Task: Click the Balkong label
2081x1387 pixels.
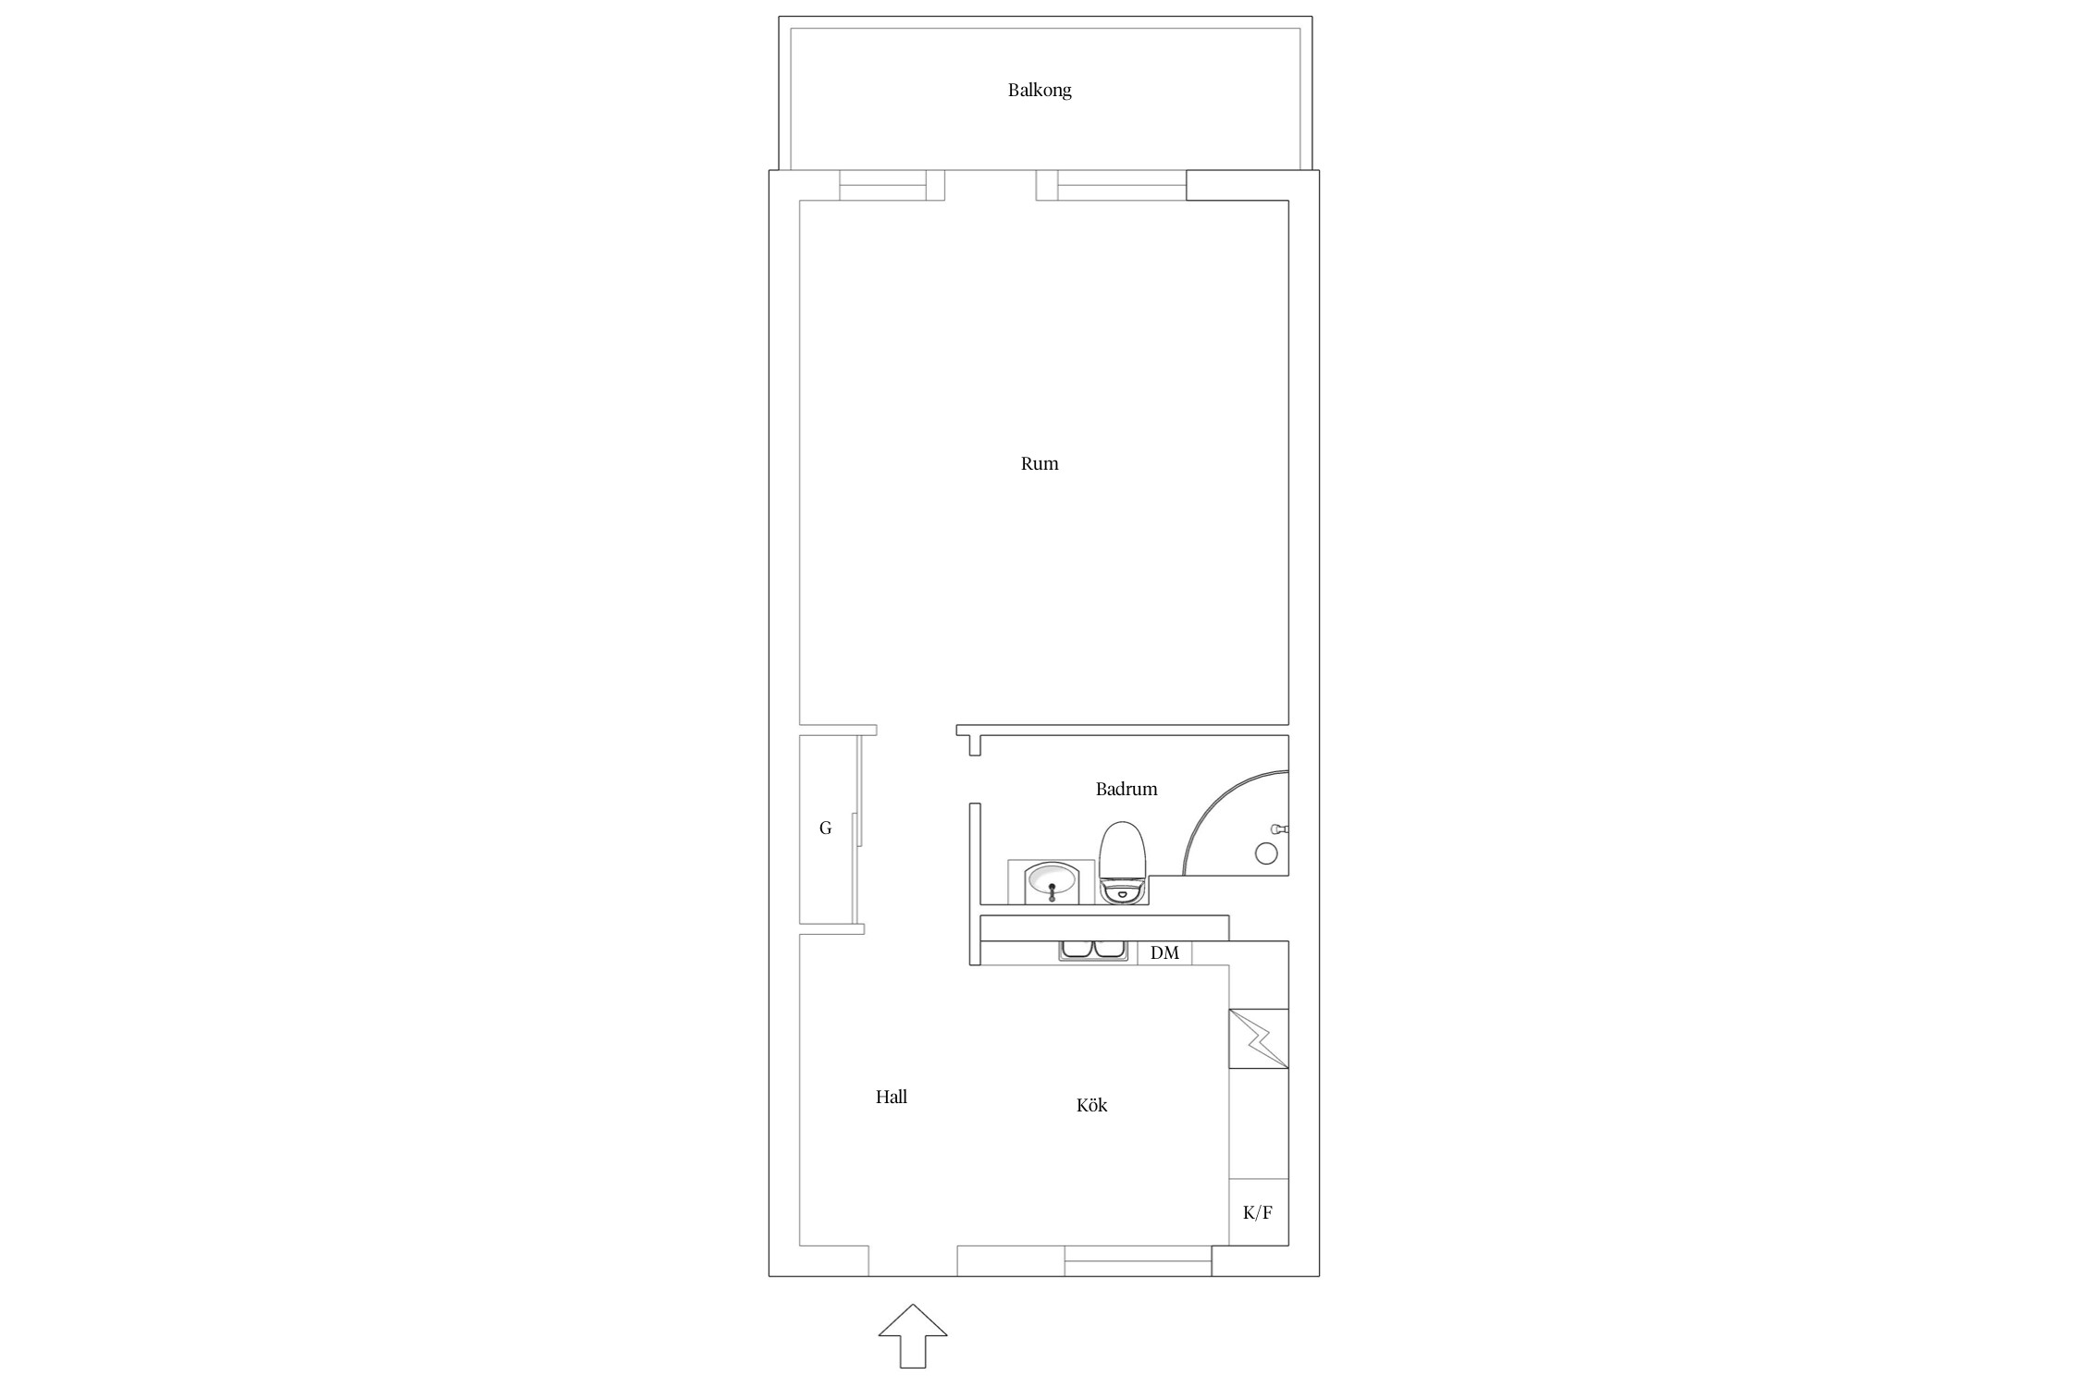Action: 1040,91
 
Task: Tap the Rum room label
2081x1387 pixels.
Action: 1040,464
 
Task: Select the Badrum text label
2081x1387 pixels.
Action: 1127,789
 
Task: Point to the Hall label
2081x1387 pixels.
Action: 892,1097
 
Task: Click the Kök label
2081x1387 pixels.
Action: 1091,1105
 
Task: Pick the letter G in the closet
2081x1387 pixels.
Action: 825,829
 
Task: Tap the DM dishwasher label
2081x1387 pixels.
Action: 1164,952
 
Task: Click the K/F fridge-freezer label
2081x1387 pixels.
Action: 1258,1212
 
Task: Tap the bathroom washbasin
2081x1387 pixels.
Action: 1052,881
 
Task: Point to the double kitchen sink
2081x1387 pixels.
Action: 1093,951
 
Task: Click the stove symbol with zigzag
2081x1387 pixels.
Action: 1258,1039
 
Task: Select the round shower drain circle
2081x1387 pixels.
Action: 1266,853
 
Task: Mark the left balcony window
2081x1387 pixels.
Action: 883,185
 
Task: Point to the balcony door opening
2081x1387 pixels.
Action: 991,185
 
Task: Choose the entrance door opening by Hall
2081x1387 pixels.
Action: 913,1261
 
